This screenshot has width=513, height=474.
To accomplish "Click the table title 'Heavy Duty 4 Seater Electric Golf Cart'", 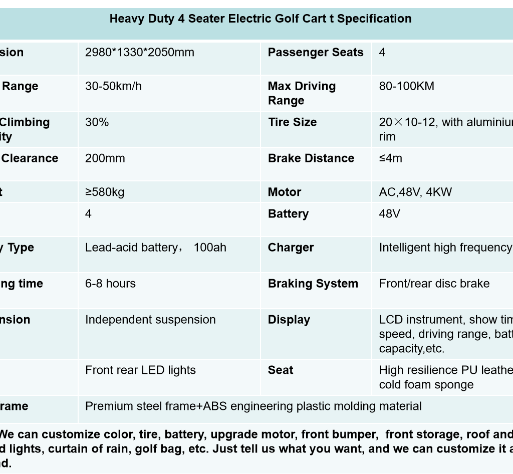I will click(260, 19).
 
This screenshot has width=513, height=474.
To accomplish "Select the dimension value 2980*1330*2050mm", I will click(140, 53).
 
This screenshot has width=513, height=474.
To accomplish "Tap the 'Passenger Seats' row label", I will click(316, 53).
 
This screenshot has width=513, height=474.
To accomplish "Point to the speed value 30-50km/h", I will click(114, 86).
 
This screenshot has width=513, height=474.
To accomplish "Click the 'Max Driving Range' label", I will click(302, 93).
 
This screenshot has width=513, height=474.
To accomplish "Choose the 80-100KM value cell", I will click(407, 86).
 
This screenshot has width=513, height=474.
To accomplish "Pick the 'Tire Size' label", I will click(292, 122).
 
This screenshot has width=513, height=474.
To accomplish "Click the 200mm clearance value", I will click(105, 158).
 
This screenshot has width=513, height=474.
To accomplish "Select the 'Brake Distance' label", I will click(311, 158).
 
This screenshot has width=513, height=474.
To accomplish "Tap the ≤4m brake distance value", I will click(391, 158).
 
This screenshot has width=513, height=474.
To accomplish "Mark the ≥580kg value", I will click(105, 192).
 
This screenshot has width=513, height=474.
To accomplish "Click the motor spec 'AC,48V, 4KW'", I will click(415, 192).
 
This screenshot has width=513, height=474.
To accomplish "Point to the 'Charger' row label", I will click(291, 248).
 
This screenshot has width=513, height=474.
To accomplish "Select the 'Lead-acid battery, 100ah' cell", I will click(156, 248).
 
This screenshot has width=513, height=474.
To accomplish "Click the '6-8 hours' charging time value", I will click(110, 284).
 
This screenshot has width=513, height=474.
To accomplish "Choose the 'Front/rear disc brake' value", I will click(434, 284).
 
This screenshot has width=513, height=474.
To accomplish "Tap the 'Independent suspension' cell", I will click(150, 320).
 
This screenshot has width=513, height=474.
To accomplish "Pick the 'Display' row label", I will click(289, 320).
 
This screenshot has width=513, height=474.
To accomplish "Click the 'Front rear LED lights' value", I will click(140, 370).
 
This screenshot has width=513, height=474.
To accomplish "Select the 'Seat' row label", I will click(281, 370).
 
